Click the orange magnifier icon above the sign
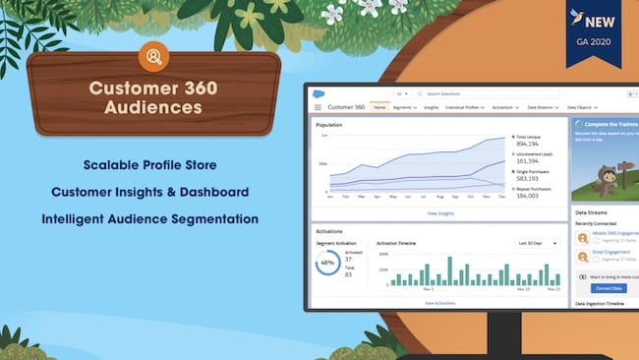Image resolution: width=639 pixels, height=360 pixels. tap(153, 55)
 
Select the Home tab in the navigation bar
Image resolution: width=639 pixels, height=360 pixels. tap(379, 106)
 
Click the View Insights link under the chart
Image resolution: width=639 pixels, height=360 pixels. tap(439, 212)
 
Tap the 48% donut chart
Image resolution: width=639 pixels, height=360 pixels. tap(327, 264)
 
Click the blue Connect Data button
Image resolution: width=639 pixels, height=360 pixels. tap(609, 288)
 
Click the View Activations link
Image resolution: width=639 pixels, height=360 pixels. tap(439, 304)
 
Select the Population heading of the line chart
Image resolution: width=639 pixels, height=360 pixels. tap(329, 125)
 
